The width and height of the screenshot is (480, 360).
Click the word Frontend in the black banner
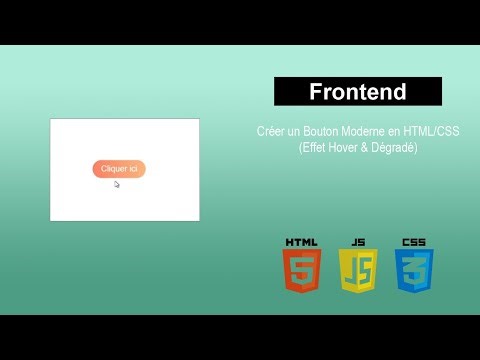coord(358,92)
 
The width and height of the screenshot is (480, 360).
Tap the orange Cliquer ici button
coord(119,169)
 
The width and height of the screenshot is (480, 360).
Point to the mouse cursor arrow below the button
coord(117,184)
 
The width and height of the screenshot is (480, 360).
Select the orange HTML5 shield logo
coord(301,270)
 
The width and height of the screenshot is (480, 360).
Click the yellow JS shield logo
coord(357,270)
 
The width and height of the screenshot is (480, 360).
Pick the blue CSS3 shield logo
coord(413,270)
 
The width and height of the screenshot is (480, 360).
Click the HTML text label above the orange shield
coord(301,242)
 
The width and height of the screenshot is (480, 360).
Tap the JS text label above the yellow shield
coord(357,242)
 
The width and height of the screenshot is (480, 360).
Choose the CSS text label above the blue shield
coord(413,242)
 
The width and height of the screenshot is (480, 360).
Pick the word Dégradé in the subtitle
coord(391,148)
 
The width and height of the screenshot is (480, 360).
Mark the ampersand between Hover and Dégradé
coord(363,148)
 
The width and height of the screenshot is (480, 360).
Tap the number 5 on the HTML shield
coord(301,272)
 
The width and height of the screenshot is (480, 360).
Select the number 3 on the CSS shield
coord(413,272)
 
